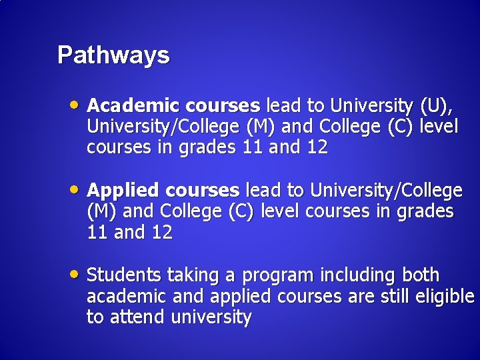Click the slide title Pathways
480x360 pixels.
coord(113,55)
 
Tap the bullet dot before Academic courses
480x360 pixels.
coord(77,104)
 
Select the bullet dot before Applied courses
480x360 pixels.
coord(77,189)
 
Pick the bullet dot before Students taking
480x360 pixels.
coord(77,273)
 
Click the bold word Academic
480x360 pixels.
coord(134,105)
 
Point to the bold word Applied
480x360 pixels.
coord(126,191)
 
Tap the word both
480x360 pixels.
coord(420,275)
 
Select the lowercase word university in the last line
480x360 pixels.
coord(211,317)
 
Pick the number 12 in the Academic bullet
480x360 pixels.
coord(317,148)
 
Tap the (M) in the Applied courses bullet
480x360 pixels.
coord(100,212)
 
